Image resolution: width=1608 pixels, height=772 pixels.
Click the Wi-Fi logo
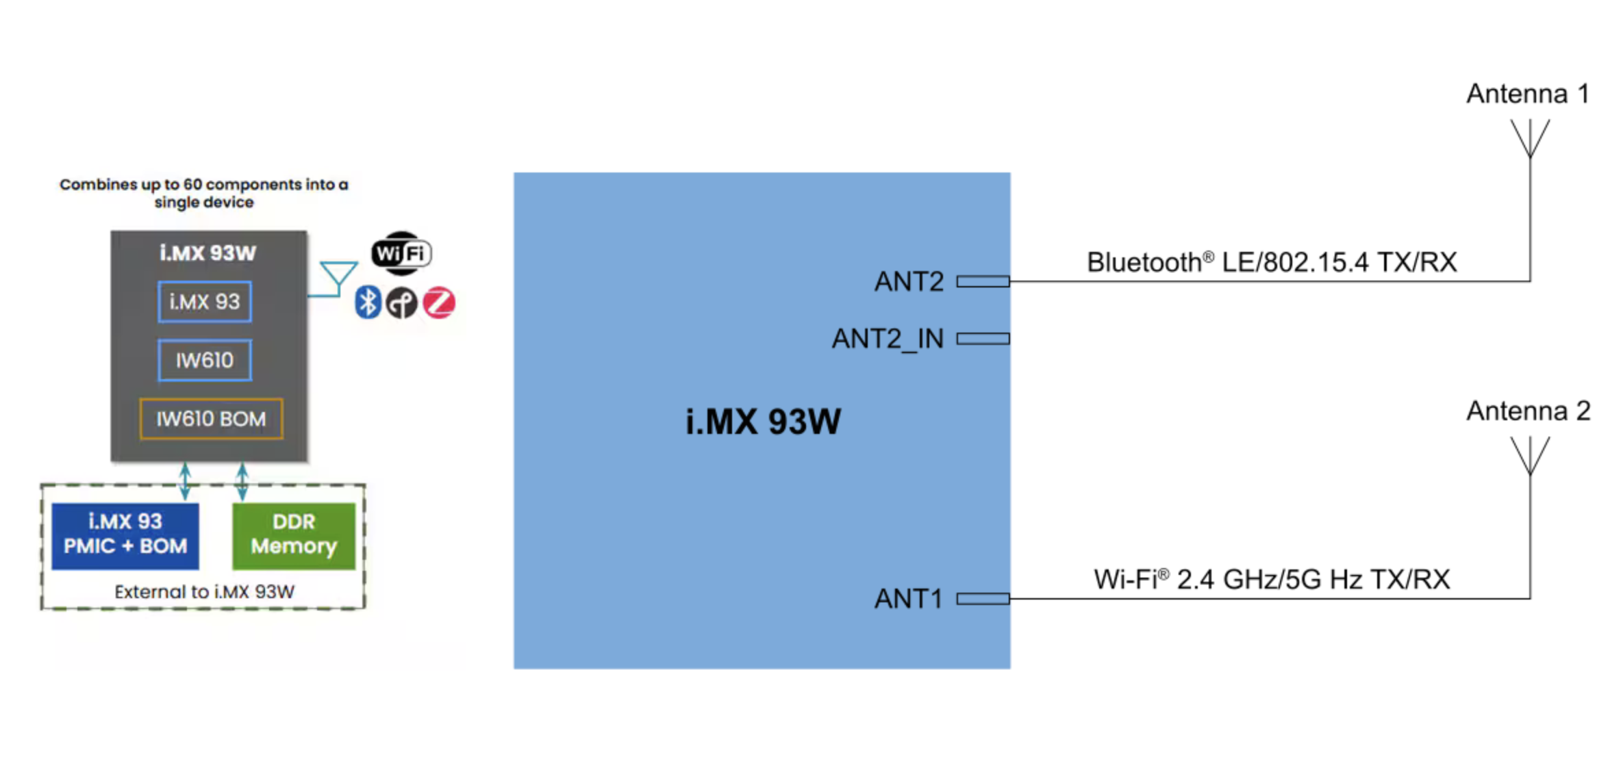click(x=401, y=253)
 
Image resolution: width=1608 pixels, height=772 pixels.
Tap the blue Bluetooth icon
click(x=368, y=303)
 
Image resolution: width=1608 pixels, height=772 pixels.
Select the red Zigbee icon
click(x=439, y=303)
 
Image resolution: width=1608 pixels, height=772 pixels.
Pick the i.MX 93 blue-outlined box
click(x=205, y=302)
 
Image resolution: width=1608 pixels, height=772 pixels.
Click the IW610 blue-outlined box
click(x=205, y=360)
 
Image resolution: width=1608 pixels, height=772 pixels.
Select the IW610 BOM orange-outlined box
click(x=211, y=419)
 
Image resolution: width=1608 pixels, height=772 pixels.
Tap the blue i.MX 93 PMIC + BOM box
click(x=125, y=535)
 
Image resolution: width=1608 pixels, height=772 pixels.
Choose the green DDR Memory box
click(x=294, y=535)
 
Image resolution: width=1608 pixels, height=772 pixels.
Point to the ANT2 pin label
click(x=909, y=281)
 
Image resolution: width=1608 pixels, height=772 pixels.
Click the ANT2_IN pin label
click(x=888, y=339)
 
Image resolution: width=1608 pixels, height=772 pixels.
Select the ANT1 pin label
click(x=909, y=599)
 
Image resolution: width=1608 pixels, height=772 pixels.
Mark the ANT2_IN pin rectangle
click(x=983, y=339)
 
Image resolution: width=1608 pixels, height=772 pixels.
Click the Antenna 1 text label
click(x=1528, y=94)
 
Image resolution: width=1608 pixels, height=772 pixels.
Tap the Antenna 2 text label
click(x=1528, y=411)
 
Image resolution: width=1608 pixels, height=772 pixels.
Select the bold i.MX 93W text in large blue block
click(x=763, y=422)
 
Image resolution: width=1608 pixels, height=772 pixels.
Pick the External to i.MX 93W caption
click(x=204, y=592)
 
